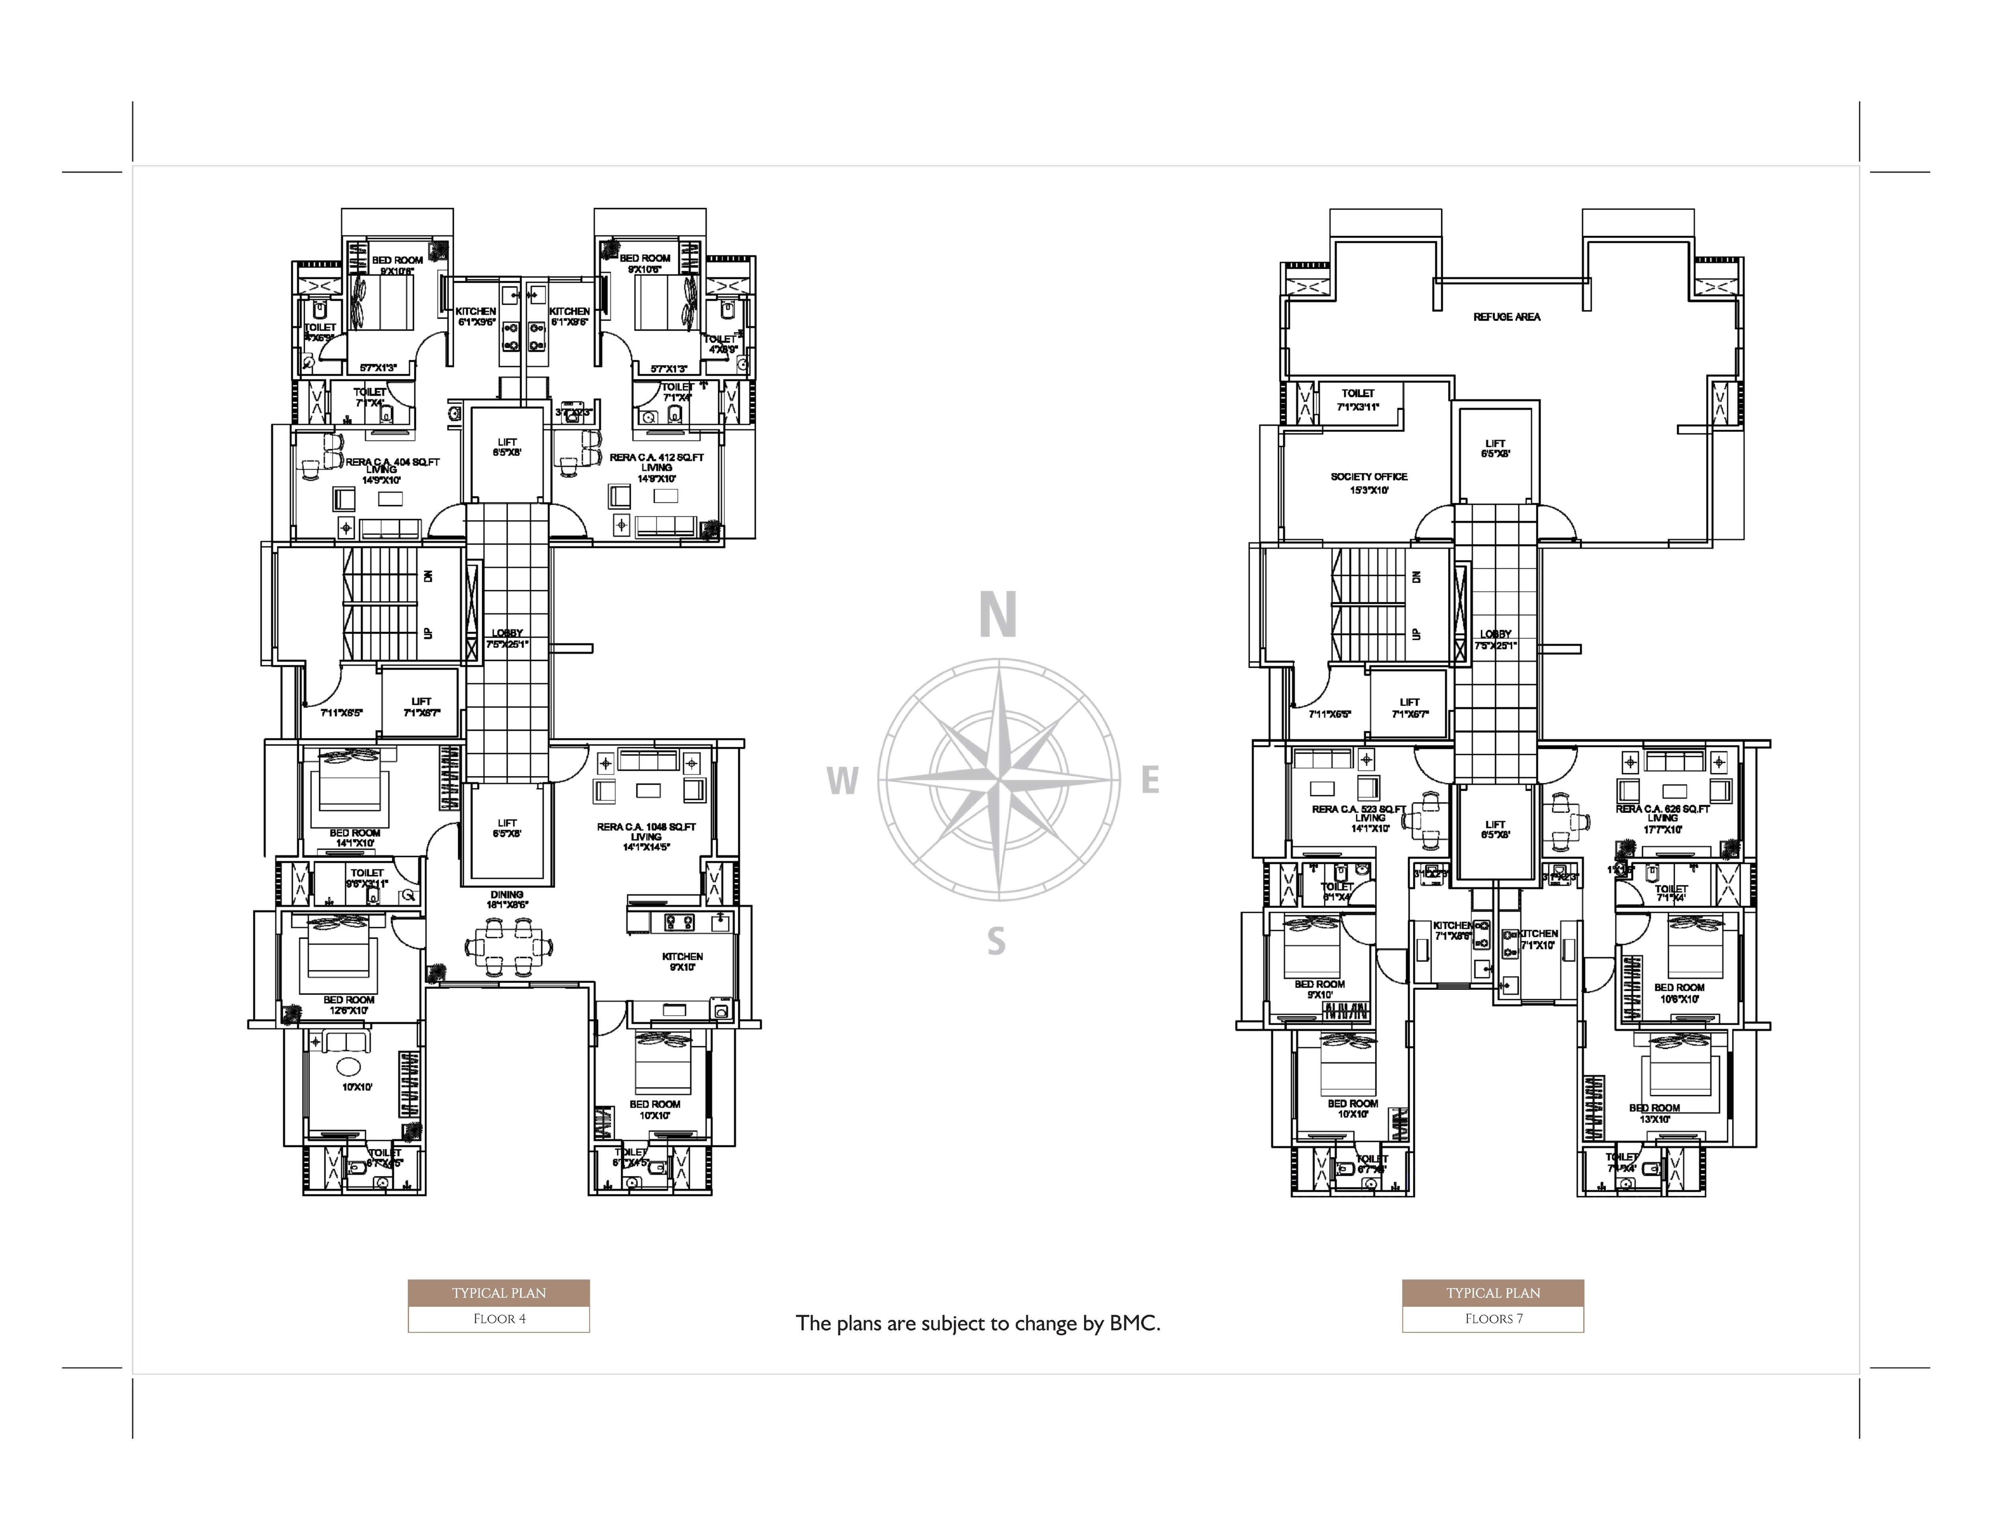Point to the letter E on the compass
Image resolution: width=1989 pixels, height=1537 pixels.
coord(1150,780)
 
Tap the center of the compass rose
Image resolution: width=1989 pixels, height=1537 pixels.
coord(999,780)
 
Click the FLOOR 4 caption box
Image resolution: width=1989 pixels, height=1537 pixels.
coord(498,1319)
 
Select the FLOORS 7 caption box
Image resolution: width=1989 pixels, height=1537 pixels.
coord(1493,1319)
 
